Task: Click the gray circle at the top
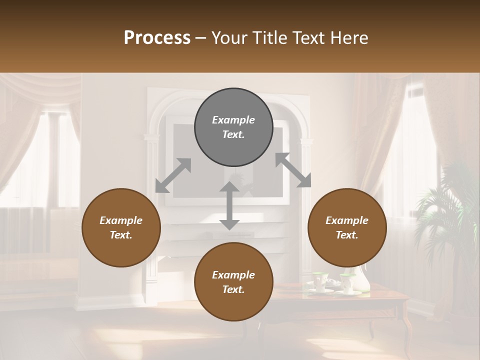233,127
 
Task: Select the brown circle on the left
121,227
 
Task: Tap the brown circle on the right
347,227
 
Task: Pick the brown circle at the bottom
233,282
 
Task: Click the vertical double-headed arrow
229,206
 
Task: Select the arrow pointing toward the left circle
173,175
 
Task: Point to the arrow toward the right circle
293,170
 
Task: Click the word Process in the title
157,37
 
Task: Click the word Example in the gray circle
233,120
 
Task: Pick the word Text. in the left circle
121,235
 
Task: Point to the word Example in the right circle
347,220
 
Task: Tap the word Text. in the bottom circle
233,289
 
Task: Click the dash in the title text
201,38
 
